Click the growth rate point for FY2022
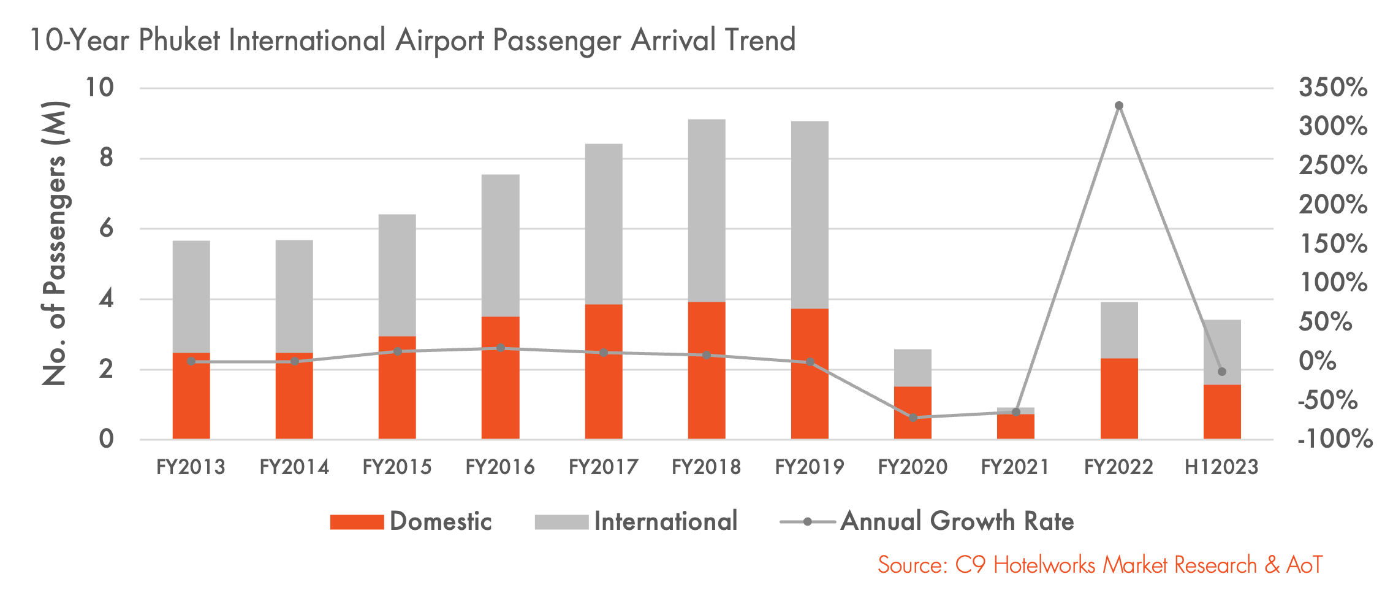1118,105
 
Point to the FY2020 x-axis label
913,467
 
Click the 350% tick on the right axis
1332,88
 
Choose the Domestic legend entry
411,521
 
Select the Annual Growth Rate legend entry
927,521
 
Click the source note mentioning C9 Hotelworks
1100,565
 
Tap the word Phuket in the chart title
179,40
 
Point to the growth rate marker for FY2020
913,418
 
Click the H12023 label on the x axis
1221,467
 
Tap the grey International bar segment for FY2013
191,296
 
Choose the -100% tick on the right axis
1335,439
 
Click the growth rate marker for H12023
1221,372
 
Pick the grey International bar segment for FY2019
810,215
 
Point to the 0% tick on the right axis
1318,361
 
